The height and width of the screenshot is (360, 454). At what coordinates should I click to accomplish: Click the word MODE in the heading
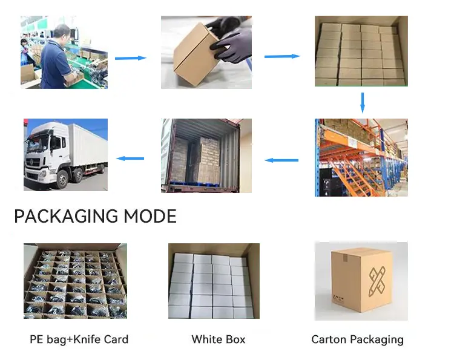tap(150, 216)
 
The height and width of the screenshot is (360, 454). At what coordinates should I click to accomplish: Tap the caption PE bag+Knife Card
tap(79, 339)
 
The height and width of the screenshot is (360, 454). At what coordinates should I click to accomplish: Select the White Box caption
tap(219, 339)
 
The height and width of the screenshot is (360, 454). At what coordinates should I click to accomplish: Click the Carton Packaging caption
tap(357, 339)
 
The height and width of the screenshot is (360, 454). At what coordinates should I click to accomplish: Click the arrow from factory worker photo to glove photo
tap(131, 58)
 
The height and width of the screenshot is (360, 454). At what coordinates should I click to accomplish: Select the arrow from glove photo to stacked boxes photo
tap(282, 56)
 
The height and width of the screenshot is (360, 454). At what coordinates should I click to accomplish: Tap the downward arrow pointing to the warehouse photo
tap(362, 102)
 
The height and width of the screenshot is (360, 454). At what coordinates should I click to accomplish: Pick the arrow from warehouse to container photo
tap(282, 160)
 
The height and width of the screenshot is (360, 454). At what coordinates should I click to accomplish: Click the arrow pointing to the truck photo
tap(131, 159)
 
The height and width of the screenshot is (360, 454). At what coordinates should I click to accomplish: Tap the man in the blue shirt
tap(61, 61)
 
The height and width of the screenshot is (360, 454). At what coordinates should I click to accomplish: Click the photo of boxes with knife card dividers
tap(75, 281)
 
